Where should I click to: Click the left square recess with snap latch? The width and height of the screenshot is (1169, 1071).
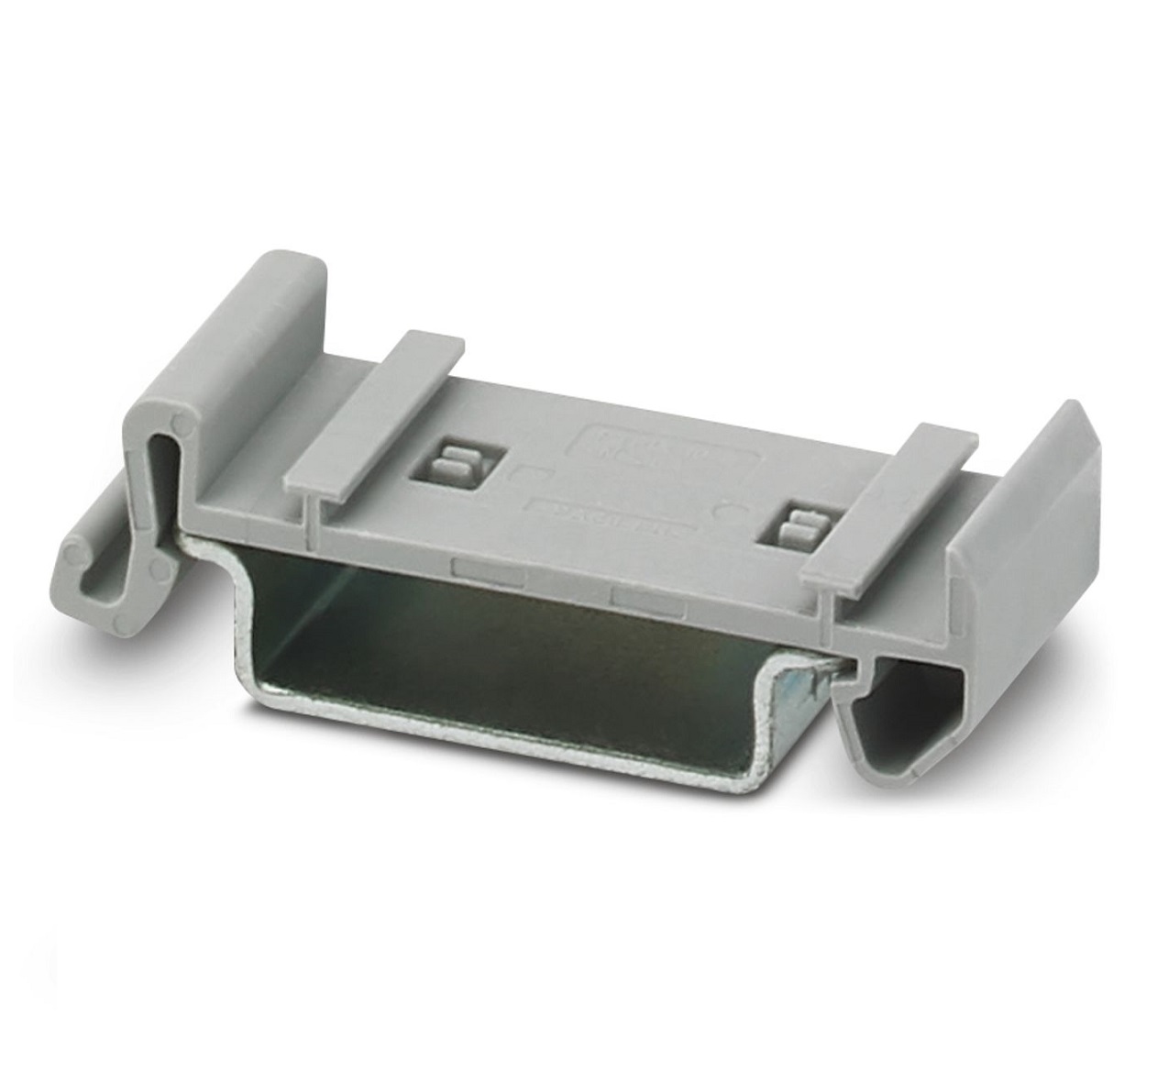coord(456,465)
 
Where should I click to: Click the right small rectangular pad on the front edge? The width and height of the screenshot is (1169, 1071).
coord(646,599)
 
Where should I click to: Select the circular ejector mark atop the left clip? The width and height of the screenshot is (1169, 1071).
coord(181,427)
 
